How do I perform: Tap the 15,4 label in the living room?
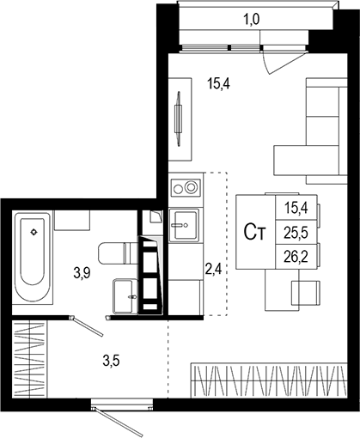tap(220, 83)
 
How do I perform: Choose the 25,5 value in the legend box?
tap(295, 231)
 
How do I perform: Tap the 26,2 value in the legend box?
tap(295, 255)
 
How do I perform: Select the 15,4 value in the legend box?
tap(295, 207)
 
